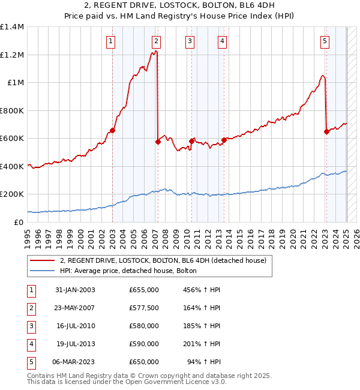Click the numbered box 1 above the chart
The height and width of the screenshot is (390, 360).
112,41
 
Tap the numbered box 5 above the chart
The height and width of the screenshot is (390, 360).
325,41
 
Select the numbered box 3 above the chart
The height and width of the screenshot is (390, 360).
190,41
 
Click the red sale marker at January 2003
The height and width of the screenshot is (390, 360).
112,131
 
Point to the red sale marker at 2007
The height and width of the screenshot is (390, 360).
158,142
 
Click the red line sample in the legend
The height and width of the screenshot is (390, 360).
42,260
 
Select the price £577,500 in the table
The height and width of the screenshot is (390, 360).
144,308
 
